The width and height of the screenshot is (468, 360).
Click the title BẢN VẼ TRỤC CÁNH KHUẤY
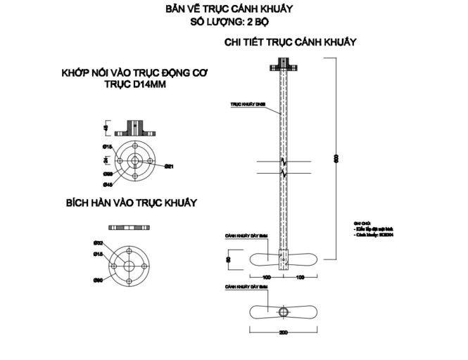(x=229, y=9)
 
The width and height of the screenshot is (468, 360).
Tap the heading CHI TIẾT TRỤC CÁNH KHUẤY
(x=290, y=42)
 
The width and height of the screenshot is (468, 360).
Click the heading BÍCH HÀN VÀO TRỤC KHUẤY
(x=131, y=202)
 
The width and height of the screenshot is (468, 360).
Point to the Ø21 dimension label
(x=169, y=167)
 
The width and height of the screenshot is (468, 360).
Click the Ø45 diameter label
(x=108, y=184)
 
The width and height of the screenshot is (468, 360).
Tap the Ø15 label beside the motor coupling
(x=108, y=146)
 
